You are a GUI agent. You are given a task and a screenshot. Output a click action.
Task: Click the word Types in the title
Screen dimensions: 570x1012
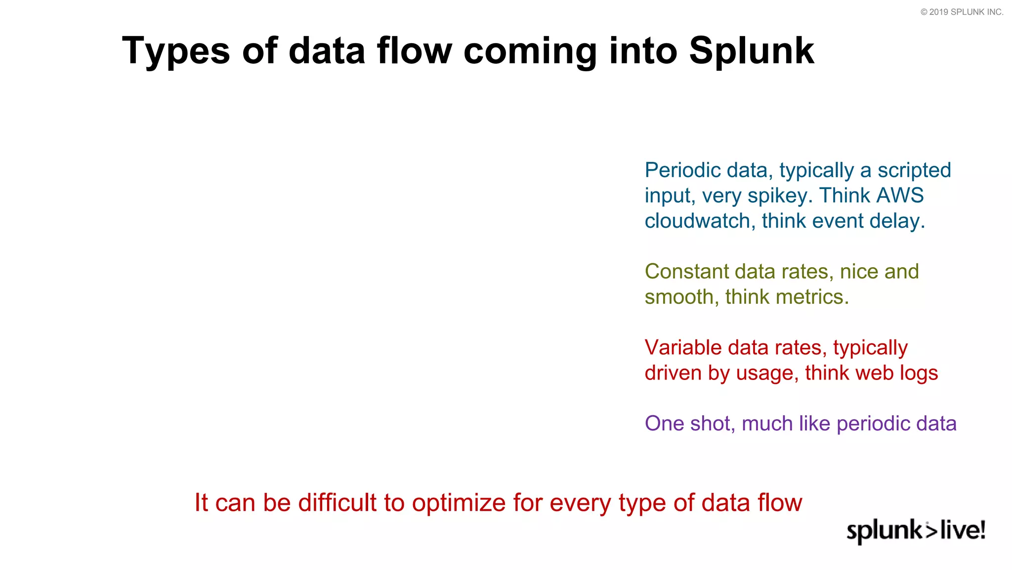175,51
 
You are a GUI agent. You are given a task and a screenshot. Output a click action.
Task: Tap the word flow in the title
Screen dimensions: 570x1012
414,51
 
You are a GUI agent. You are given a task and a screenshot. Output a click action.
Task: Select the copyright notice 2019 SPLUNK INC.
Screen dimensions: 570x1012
962,12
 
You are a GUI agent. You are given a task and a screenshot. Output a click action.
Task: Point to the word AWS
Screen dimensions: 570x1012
900,195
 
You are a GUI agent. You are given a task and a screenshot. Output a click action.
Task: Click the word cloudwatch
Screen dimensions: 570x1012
697,221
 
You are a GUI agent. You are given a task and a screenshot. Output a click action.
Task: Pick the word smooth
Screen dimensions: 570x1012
681,297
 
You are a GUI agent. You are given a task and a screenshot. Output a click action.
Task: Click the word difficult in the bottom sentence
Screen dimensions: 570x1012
337,503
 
